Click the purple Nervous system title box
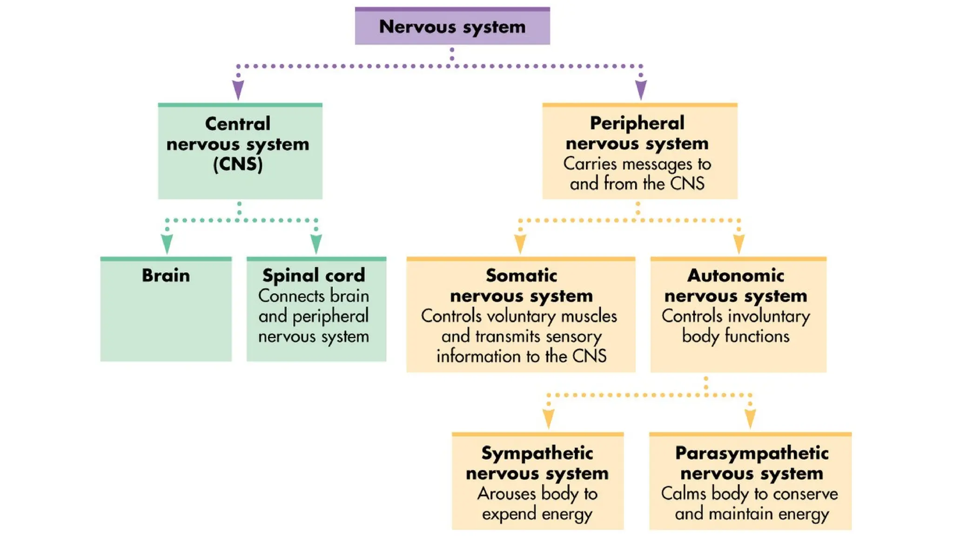[452, 27]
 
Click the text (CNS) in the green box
[238, 164]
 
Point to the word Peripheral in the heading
[637, 123]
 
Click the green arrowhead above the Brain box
[167, 243]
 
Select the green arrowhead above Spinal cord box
[316, 243]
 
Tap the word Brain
[166, 275]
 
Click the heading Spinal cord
[314, 275]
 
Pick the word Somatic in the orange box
[521, 275]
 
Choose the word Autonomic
[736, 275]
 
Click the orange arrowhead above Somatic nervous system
[520, 243]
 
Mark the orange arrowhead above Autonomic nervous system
[739, 243]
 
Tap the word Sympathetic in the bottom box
[537, 453]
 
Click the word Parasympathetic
[752, 453]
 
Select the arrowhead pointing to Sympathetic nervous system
[549, 418]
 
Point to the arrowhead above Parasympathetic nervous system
[750, 418]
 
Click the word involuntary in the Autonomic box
[774, 316]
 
